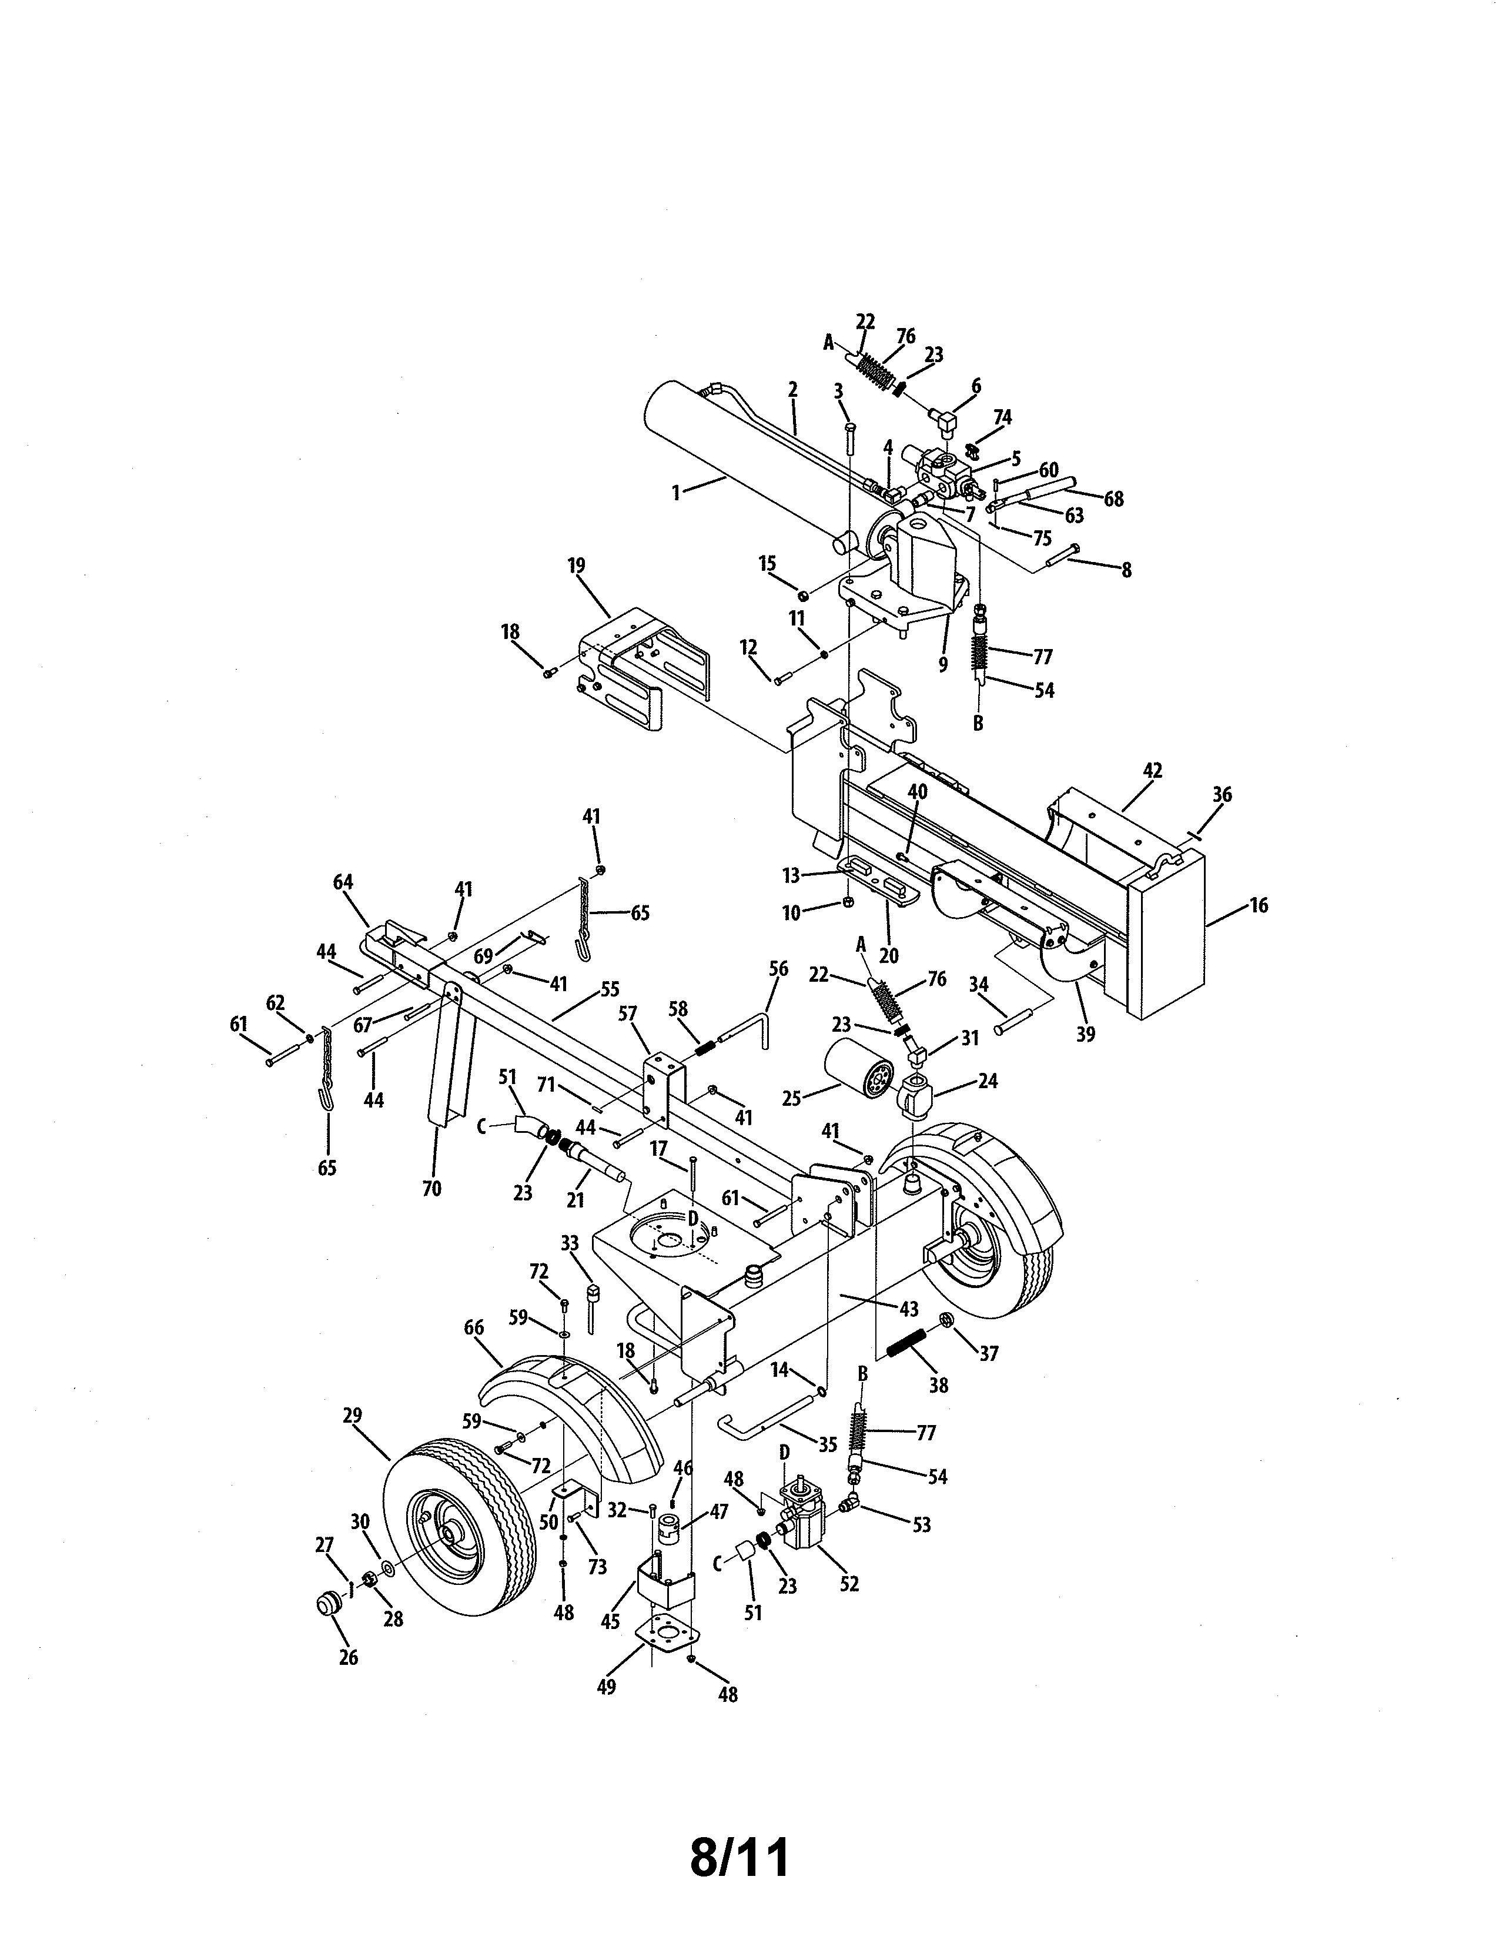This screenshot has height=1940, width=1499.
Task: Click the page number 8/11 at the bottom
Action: tap(739, 1858)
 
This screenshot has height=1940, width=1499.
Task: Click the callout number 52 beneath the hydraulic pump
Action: tap(849, 1584)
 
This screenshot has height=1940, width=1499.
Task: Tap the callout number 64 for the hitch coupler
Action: tap(343, 882)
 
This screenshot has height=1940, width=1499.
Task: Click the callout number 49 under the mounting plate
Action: tap(607, 1686)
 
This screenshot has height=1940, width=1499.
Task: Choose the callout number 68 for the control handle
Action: tap(1113, 499)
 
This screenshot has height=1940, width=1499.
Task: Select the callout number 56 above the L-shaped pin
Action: tap(778, 969)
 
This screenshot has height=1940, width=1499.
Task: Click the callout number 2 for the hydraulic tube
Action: tap(792, 389)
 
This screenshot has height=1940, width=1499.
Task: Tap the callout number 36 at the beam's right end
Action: tap(1222, 794)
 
